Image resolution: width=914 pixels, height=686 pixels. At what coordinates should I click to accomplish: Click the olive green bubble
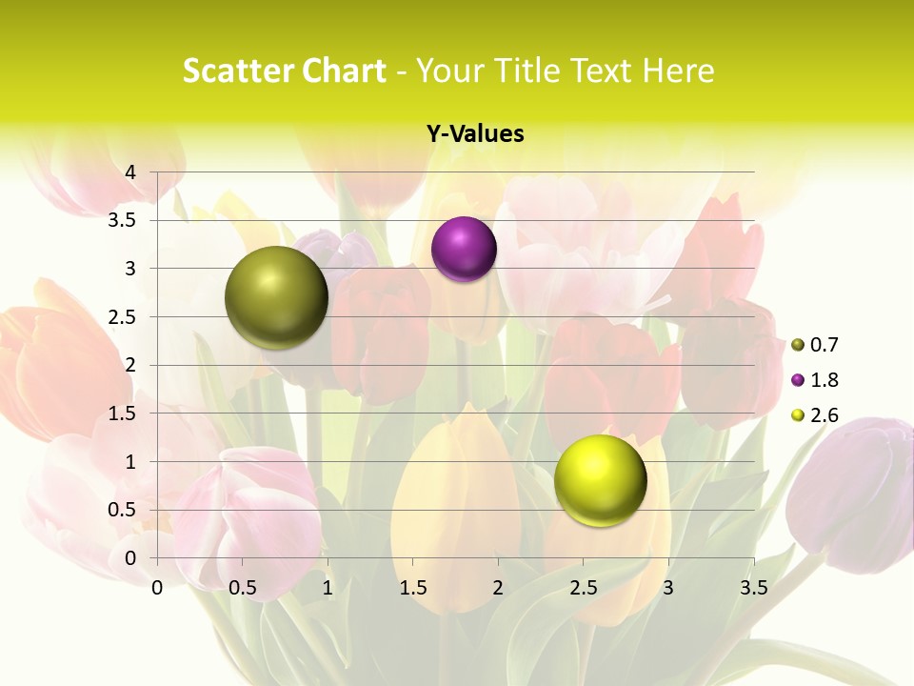276,297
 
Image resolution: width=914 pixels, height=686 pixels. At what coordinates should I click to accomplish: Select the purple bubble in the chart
464,250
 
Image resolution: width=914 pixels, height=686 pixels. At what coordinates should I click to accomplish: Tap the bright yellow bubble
600,480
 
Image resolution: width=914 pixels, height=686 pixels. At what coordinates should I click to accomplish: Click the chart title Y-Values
475,133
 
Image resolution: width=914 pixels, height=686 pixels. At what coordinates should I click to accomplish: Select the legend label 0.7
824,345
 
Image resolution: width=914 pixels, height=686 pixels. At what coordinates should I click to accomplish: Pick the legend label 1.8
824,380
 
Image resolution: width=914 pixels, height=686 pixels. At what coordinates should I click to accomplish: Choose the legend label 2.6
824,415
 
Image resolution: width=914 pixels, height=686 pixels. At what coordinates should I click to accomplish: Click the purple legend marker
798,380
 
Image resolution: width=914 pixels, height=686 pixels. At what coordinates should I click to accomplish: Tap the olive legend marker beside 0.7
798,345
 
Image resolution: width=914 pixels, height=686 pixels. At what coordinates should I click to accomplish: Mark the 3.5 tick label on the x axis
753,587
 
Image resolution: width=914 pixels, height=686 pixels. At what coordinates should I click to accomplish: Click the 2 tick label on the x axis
498,587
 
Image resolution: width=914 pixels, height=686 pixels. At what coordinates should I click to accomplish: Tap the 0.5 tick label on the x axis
243,587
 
